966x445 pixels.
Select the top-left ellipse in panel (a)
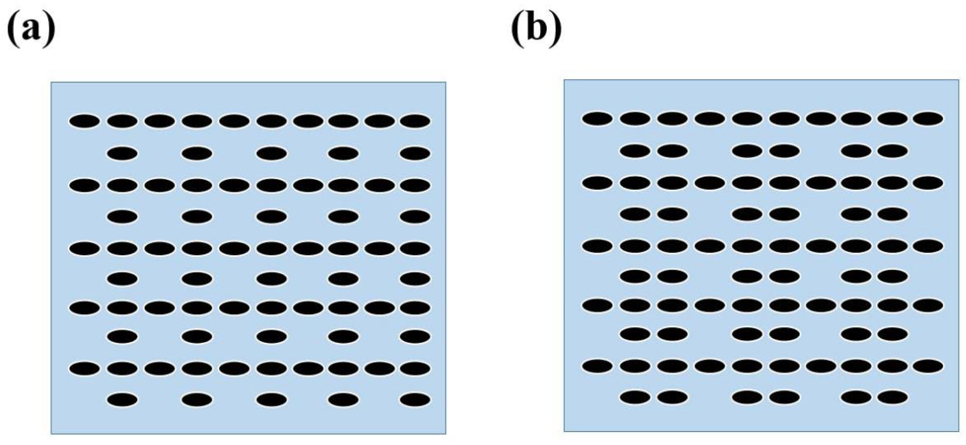pos(85,121)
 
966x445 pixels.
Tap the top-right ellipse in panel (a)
pos(415,121)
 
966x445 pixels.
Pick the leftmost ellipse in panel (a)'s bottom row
pos(122,400)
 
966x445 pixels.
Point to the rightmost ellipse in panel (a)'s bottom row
pos(415,400)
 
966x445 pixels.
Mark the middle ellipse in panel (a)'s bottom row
pos(272,400)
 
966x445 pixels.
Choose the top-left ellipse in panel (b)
pos(597,119)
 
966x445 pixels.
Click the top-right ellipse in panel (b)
pos(928,119)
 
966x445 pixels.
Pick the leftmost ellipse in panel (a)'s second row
pos(122,153)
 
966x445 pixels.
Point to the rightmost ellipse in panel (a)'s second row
pos(415,153)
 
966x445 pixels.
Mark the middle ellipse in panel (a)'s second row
pos(272,153)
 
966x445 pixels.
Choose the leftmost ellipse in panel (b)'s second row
pos(635,151)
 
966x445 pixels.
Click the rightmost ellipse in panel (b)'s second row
pos(893,151)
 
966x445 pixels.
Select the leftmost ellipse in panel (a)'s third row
pos(85,185)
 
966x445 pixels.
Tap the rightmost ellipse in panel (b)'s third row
pos(928,183)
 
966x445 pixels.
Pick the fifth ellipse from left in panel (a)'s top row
pos(234,121)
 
